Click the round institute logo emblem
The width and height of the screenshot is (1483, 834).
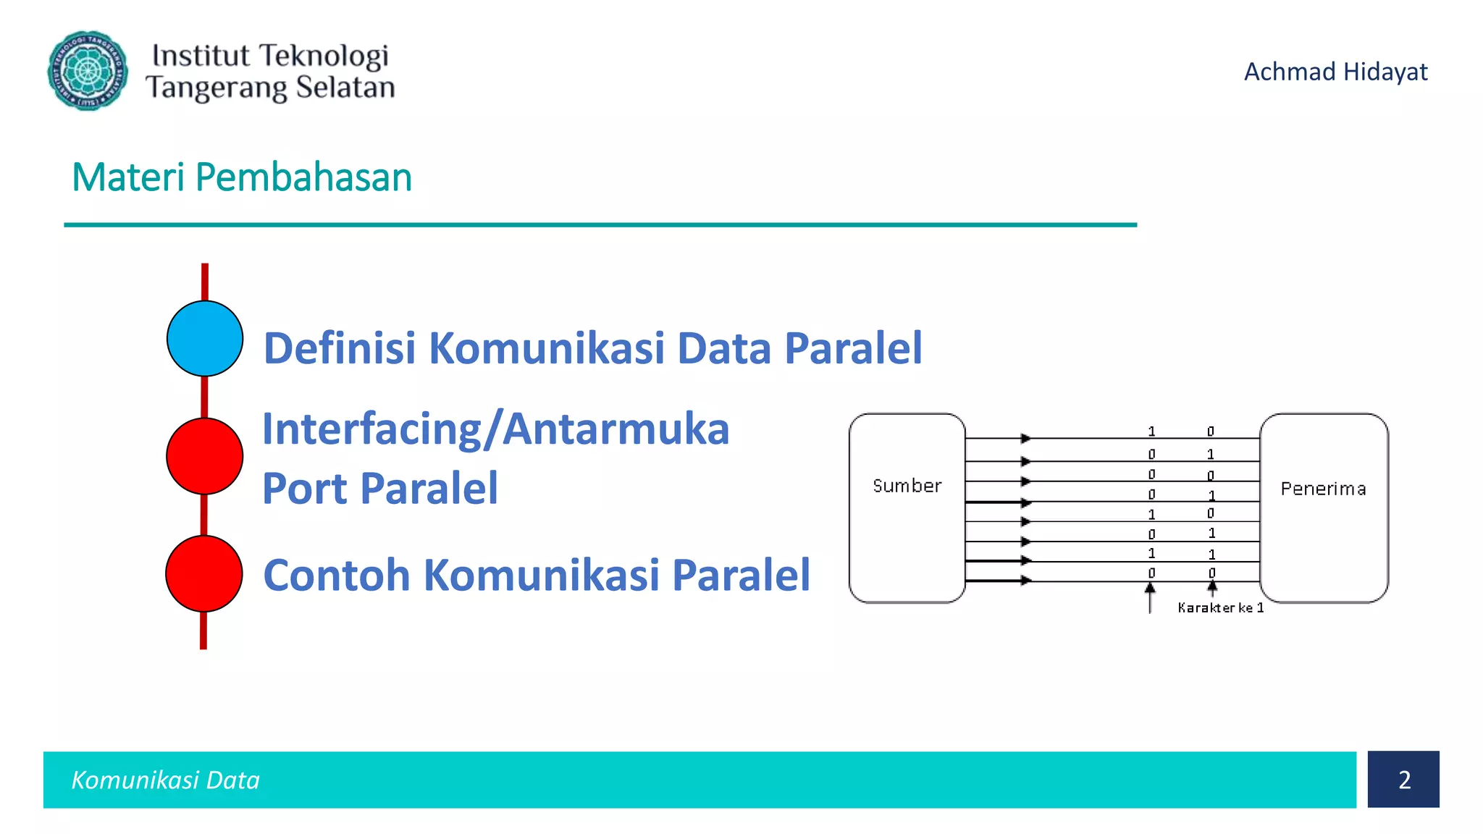[88, 71]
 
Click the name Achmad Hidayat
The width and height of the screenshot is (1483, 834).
[1335, 72]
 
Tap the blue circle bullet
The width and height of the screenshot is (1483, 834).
[205, 339]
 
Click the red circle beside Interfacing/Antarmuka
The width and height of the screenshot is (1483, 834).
[204, 456]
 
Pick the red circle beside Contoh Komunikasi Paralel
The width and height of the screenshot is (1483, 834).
[203, 573]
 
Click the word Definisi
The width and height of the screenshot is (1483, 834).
[339, 348]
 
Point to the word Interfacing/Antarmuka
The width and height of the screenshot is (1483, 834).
[495, 429]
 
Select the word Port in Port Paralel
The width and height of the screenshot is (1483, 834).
[305, 489]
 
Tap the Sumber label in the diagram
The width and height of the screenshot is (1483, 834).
[907, 486]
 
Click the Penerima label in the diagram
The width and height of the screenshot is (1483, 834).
[1323, 489]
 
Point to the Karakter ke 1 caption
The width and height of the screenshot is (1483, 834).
[1220, 608]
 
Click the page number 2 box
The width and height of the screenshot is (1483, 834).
[1403, 780]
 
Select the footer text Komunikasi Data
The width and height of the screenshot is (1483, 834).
[165, 780]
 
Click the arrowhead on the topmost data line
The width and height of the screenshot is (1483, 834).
[1025, 438]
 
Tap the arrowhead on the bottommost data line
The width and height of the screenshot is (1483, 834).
[1025, 580]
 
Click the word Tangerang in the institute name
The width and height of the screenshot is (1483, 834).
[217, 88]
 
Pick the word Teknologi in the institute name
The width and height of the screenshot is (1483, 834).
[324, 56]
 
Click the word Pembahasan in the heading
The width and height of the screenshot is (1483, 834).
[303, 177]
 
